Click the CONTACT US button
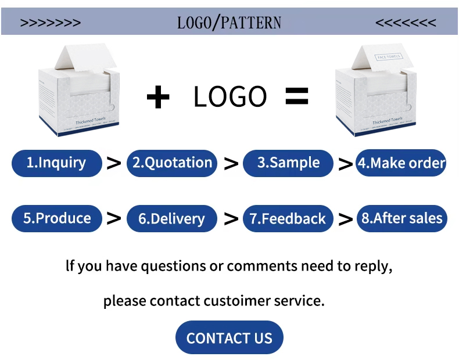click(x=229, y=337)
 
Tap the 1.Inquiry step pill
click(x=56, y=163)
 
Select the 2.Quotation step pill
click(x=172, y=163)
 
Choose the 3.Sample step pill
click(x=288, y=163)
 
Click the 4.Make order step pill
click(x=401, y=163)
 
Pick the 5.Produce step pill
click(x=56, y=218)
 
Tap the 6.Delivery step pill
click(x=172, y=219)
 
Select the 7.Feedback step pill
click(x=288, y=219)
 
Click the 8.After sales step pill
click(x=401, y=218)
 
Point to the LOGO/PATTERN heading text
click(x=229, y=23)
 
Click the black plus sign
click(x=157, y=97)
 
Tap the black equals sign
click(x=296, y=96)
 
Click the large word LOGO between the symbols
click(x=229, y=97)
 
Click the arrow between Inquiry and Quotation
click(x=114, y=164)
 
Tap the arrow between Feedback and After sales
click(x=345, y=219)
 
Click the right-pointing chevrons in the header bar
click(x=51, y=23)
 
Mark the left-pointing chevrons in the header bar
click(x=406, y=23)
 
